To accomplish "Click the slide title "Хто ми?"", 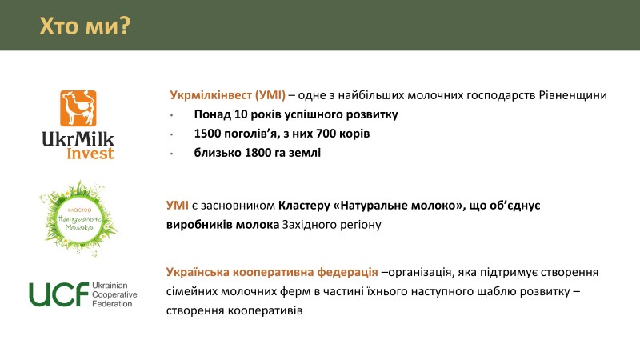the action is [85, 26].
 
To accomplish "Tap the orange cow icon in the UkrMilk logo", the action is [78, 108].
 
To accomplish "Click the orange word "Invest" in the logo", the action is [90, 154].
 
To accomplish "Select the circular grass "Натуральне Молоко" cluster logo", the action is [78, 218].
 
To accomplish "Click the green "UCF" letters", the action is [58, 294].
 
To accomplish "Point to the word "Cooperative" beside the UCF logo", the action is [114, 294].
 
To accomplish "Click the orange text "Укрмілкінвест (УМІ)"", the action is [228, 95].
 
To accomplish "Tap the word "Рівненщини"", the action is [573, 95].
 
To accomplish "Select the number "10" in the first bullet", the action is [241, 114].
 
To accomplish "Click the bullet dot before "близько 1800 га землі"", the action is [172, 154].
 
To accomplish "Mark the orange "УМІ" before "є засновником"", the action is [178, 206].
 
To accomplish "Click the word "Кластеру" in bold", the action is [304, 206].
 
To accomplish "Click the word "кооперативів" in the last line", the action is [266, 310].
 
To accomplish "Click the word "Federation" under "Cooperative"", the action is [112, 303].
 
